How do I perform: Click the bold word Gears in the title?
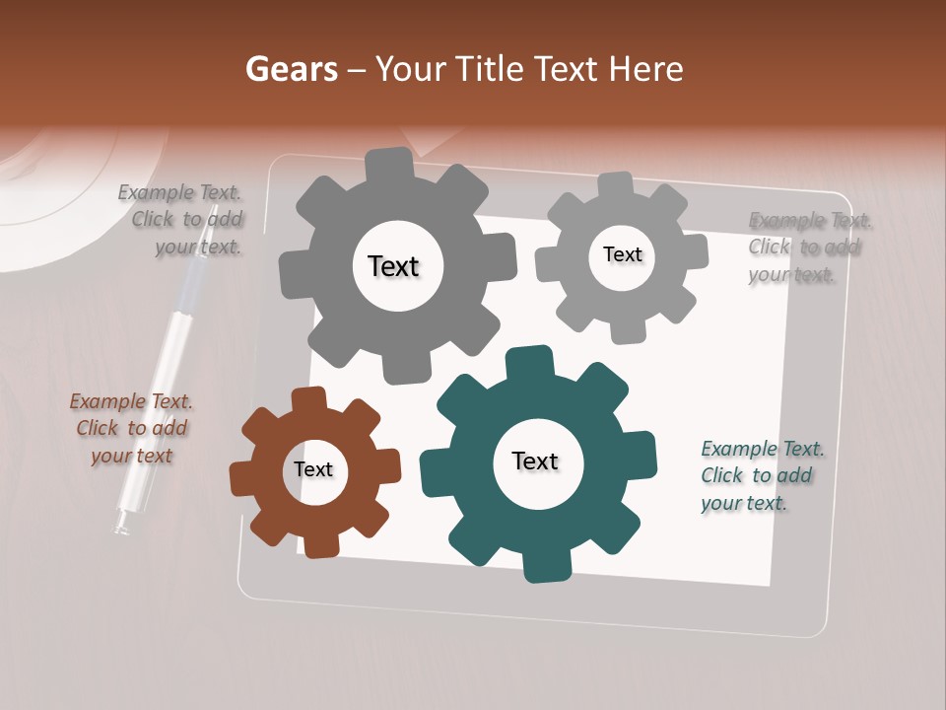291,69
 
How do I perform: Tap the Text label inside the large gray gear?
393,266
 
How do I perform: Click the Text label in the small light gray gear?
622,254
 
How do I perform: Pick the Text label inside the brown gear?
313,469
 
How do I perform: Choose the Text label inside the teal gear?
535,461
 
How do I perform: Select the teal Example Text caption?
762,475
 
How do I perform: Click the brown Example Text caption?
131,428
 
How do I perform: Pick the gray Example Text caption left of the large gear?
181,219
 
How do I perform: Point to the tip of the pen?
121,527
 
